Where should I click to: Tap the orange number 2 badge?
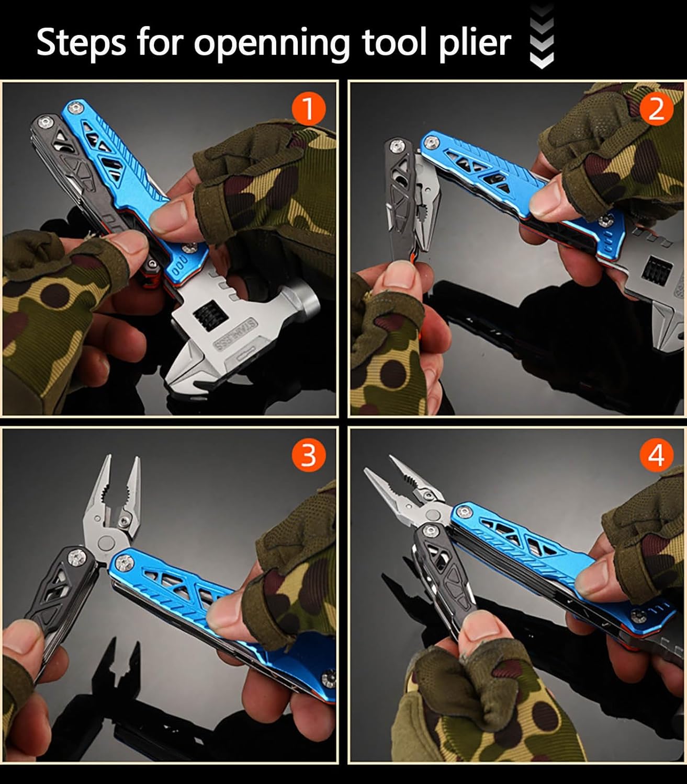(656, 109)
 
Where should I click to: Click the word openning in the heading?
(272, 43)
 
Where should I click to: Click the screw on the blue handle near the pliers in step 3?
(125, 562)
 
